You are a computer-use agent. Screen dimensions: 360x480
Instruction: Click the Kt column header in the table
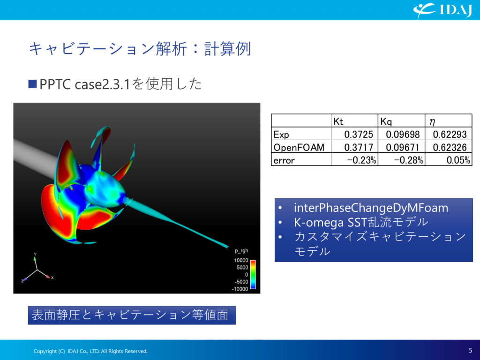tap(338, 121)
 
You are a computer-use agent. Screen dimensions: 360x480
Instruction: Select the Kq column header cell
tap(386, 121)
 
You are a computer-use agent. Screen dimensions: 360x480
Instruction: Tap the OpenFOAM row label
tap(299, 148)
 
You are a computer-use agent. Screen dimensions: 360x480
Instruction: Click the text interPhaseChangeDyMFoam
tap(371, 208)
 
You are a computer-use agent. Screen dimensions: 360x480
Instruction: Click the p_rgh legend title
tap(244, 251)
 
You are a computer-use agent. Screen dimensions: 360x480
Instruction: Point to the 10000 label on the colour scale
tap(241, 260)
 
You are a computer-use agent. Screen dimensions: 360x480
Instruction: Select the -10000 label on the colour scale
tap(240, 289)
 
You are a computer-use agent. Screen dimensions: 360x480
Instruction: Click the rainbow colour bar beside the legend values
tap(253, 274)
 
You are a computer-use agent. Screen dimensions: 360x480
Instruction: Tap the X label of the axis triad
tap(53, 278)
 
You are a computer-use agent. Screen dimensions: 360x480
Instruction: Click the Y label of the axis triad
tap(35, 255)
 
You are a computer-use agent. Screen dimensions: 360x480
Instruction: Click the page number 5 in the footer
tap(470, 350)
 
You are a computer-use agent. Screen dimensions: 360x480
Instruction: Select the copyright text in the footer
tap(90, 351)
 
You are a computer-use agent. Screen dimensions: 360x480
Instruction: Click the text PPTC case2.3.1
tap(84, 84)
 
